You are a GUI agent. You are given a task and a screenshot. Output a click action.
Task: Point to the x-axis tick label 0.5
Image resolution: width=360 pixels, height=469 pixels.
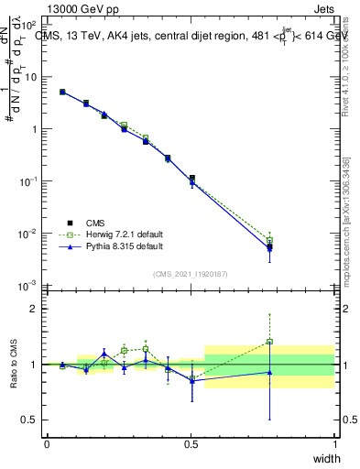click(191, 444)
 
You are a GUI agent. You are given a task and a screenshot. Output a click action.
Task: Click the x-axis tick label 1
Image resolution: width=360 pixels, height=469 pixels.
click(334, 444)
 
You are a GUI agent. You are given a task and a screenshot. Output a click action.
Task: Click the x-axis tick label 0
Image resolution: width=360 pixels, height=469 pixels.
click(47, 444)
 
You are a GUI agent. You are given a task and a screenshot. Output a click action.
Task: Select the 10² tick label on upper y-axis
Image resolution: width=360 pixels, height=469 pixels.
click(30, 25)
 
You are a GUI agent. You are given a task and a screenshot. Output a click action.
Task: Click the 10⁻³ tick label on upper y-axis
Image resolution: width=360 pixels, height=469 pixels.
click(30, 286)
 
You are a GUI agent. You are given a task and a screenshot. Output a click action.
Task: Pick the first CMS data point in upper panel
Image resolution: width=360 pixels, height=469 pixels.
click(62, 92)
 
